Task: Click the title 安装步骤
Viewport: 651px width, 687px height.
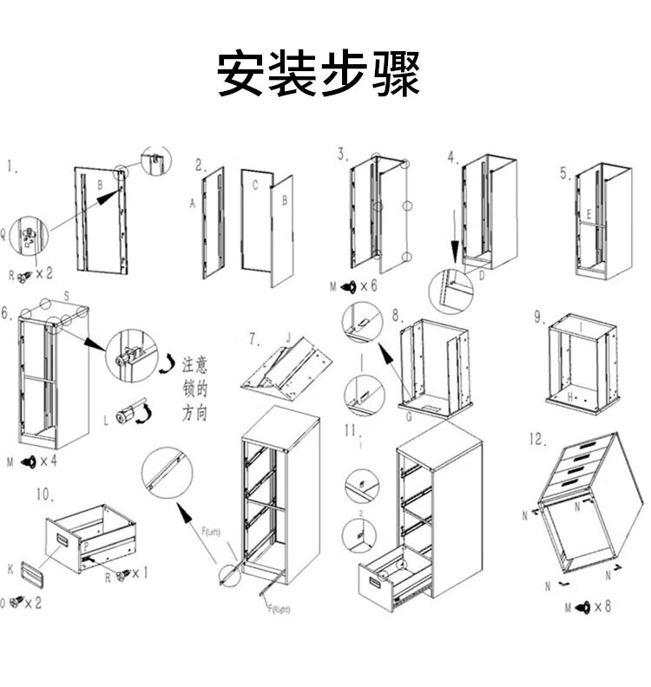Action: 318,74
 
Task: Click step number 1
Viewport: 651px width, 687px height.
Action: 13,167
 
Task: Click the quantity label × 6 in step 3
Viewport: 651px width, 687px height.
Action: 368,285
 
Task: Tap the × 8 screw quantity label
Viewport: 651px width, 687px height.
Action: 602,606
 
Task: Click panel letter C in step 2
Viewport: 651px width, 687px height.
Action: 255,185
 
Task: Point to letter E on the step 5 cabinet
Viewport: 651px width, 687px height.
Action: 589,213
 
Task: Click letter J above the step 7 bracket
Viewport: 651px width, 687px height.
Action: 286,337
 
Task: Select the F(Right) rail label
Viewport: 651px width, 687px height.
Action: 277,609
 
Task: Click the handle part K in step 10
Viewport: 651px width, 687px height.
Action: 31,572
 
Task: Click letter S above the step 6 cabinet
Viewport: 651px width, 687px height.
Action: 66,296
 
